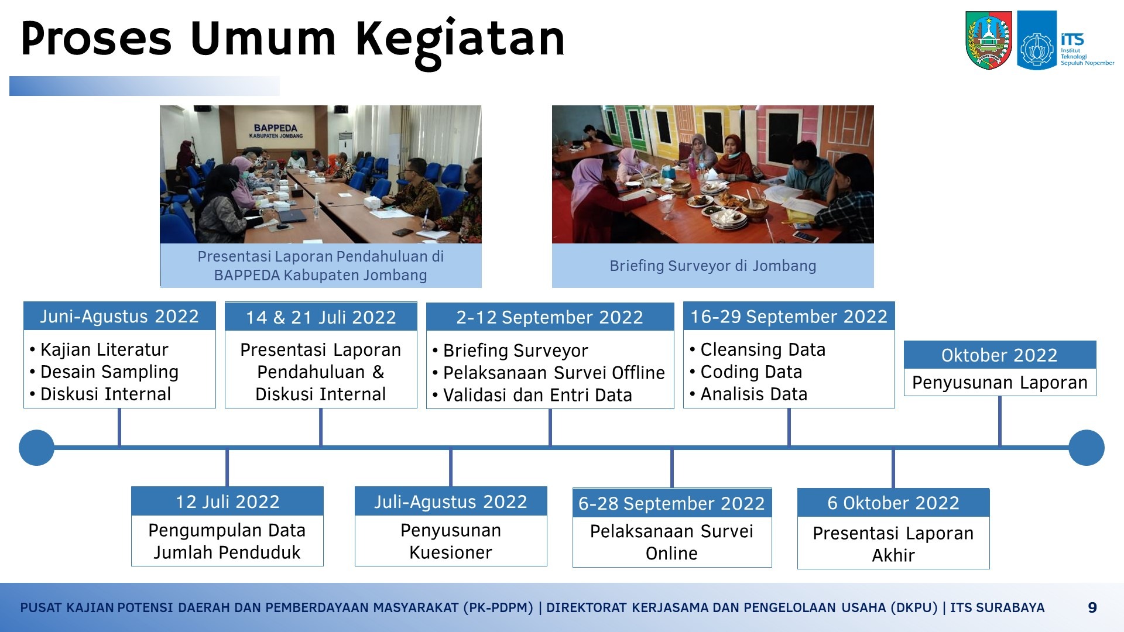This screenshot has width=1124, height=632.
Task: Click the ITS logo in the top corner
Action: click(x=1066, y=40)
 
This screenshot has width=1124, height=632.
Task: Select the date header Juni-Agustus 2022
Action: click(x=119, y=316)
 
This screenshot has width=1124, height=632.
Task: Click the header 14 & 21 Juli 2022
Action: click(x=321, y=317)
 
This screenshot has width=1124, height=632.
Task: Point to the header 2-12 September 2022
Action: click(x=550, y=317)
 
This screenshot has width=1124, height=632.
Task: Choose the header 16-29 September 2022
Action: click(x=789, y=316)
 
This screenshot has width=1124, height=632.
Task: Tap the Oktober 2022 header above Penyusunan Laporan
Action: click(x=1000, y=355)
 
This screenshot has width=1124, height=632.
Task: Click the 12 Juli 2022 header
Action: click(x=227, y=502)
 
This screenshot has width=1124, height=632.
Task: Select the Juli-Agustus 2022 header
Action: click(x=451, y=502)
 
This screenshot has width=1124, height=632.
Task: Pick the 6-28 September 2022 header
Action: click(x=672, y=503)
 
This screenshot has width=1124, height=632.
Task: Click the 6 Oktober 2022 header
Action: click(x=893, y=503)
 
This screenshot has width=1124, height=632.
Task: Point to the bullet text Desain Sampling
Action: click(x=109, y=372)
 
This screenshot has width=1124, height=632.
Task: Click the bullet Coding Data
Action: click(x=751, y=372)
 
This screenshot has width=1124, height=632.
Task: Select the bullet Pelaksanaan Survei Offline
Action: click(x=554, y=373)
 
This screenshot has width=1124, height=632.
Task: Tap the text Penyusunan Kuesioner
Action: click(x=451, y=541)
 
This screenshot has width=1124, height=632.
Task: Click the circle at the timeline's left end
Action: click(x=36, y=448)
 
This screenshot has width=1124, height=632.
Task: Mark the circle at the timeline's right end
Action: click(x=1087, y=448)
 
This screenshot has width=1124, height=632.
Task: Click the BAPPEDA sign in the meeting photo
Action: click(x=276, y=131)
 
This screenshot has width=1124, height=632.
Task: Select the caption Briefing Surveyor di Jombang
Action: click(x=713, y=266)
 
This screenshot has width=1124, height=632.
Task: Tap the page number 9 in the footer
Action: click(x=1092, y=607)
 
